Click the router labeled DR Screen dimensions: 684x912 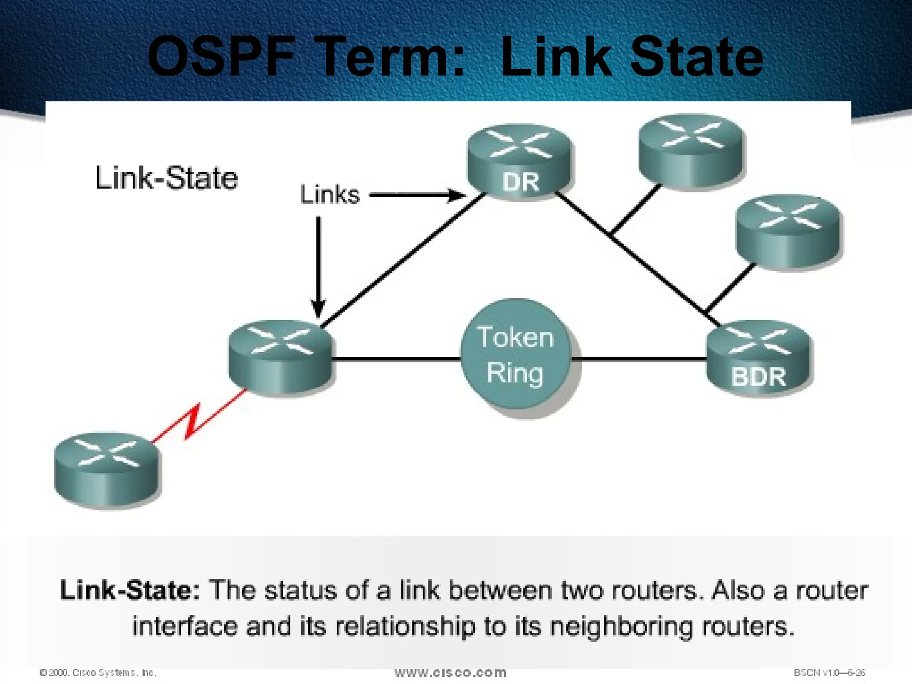[520, 163]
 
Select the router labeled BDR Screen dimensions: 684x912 [759, 358]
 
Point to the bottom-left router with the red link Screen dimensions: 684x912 [106, 469]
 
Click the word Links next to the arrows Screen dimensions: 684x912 [330, 195]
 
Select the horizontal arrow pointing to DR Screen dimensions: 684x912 [417, 195]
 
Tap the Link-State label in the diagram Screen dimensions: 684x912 [167, 178]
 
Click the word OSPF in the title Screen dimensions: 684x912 [221, 58]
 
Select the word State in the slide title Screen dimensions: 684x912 [697, 58]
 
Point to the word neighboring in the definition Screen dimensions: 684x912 [621, 626]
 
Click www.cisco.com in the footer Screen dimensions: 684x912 [450, 672]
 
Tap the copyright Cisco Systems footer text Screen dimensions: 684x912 [98, 672]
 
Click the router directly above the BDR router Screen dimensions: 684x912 [788, 232]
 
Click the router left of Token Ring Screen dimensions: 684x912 [280, 357]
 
